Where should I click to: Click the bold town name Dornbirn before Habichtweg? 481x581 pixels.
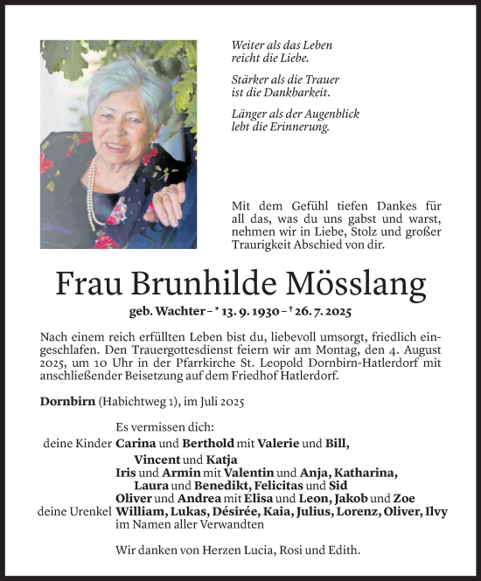pos(66,401)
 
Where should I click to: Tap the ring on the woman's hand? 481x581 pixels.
pos(165,197)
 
